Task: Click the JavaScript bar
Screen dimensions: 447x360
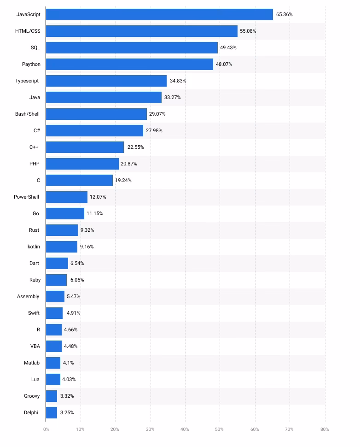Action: click(x=159, y=15)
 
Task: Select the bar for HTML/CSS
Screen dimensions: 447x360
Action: click(x=142, y=31)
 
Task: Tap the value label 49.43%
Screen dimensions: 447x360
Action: click(x=228, y=48)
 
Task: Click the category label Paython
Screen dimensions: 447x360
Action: click(x=31, y=65)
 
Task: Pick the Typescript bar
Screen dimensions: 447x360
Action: click(x=106, y=81)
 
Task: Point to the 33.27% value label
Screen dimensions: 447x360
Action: click(x=172, y=98)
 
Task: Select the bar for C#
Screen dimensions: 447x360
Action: click(x=94, y=131)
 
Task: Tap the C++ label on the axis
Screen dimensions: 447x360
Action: click(x=35, y=147)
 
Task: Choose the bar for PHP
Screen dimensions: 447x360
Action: click(x=82, y=164)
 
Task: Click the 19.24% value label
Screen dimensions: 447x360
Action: click(x=123, y=181)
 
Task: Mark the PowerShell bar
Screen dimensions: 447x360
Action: click(x=67, y=197)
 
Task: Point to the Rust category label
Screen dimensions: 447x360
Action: click(x=34, y=230)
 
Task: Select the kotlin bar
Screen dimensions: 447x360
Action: click(x=62, y=247)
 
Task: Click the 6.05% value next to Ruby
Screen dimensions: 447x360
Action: click(x=77, y=280)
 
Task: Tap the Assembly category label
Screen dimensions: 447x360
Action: click(x=28, y=297)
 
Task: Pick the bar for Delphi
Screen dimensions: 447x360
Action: click(x=52, y=413)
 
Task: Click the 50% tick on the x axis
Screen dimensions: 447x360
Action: click(x=220, y=429)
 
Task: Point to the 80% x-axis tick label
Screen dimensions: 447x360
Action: click(x=325, y=429)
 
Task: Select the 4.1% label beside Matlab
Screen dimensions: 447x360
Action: click(x=68, y=363)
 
